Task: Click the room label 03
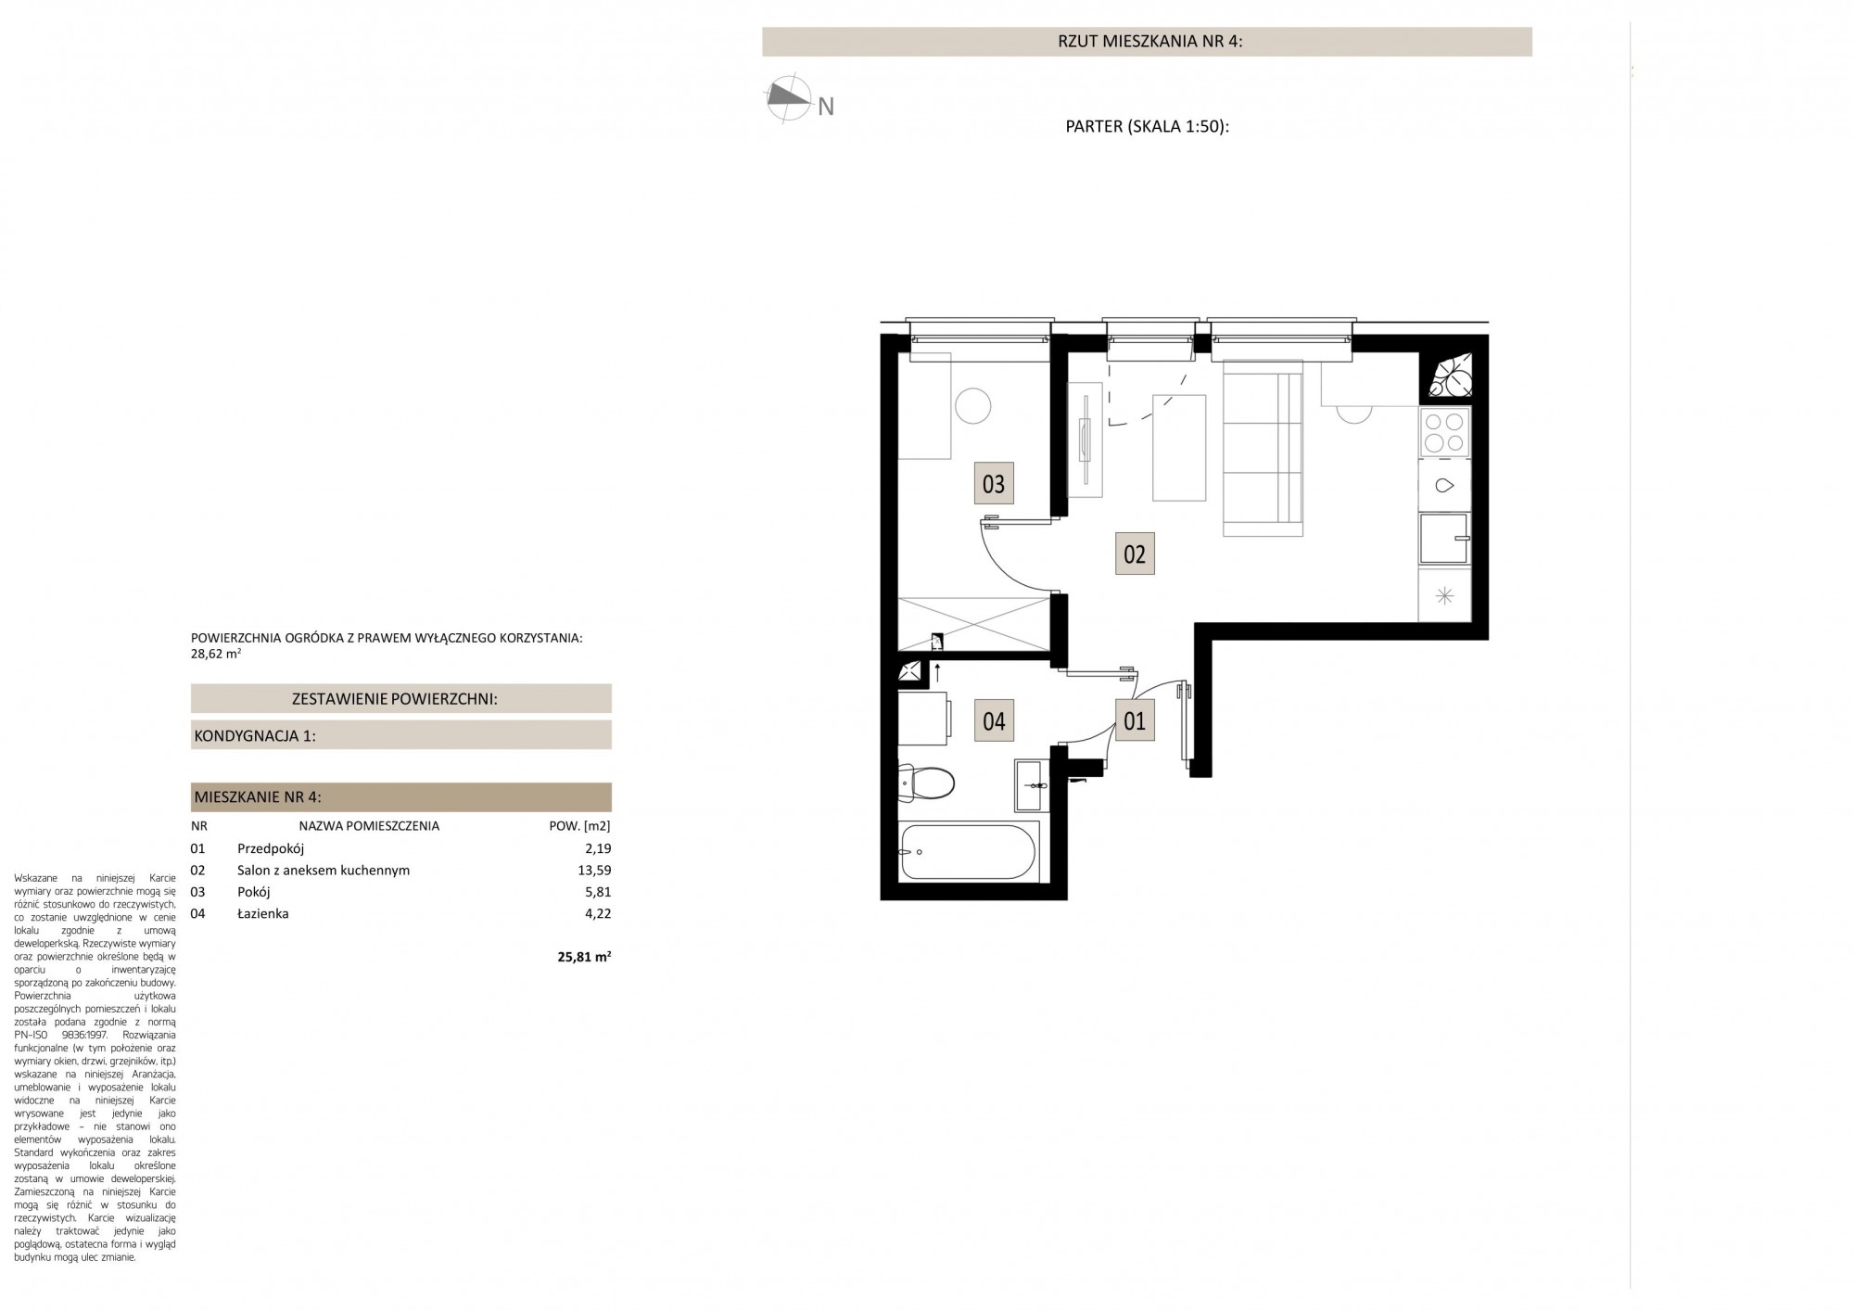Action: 994,483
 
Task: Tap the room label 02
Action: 1135,554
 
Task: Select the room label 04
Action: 994,720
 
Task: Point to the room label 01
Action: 1135,719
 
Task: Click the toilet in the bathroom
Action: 926,783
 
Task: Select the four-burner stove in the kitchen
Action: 1444,432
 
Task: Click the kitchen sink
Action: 1444,485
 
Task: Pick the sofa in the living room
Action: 1263,450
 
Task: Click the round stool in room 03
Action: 973,405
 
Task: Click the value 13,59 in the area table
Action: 594,871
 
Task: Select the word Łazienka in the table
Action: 263,913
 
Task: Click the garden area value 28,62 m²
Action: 216,653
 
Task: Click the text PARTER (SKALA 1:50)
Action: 1148,127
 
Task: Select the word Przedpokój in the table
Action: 271,848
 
